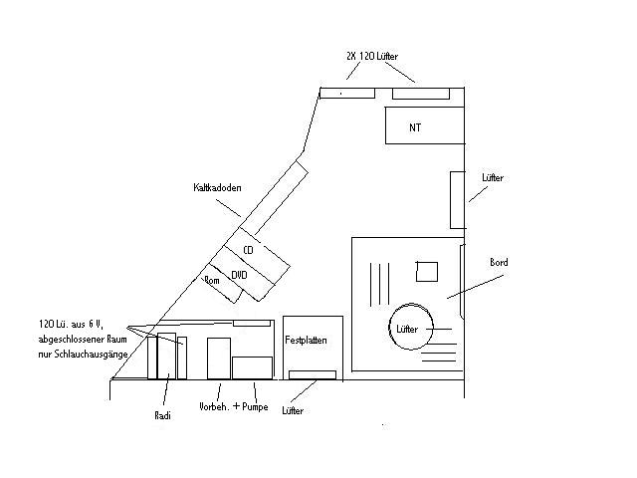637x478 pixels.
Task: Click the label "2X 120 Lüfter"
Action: point(372,56)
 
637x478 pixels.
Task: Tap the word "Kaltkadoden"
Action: point(217,187)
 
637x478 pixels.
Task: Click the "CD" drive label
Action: point(248,250)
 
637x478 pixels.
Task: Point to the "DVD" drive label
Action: point(239,275)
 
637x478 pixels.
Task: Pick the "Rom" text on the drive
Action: point(212,280)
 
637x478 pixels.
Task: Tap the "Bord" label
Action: point(499,263)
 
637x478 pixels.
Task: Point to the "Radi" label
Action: point(162,415)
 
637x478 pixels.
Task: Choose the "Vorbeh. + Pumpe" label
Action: point(234,406)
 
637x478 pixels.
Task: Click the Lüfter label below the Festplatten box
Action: point(293,411)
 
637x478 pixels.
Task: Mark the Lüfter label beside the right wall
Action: point(493,177)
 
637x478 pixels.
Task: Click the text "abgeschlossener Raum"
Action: point(83,339)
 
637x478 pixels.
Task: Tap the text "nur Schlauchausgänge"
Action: point(83,355)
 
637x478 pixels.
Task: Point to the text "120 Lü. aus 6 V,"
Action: point(71,324)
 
